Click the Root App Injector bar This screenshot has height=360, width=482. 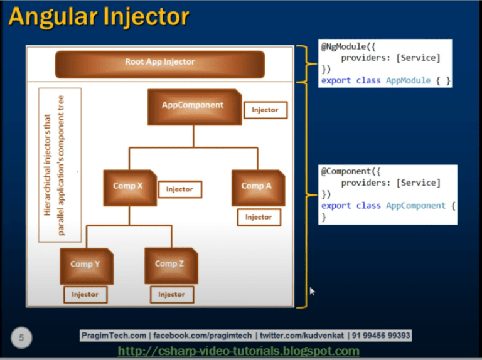(x=159, y=63)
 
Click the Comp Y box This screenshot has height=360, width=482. (x=85, y=265)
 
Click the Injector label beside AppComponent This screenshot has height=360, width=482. (x=265, y=110)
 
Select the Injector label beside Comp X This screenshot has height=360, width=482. (x=179, y=189)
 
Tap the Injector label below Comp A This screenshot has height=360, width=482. (x=259, y=218)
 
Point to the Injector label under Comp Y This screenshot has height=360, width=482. (x=85, y=294)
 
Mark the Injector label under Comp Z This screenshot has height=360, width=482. (x=171, y=294)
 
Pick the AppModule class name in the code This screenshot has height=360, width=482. (x=408, y=81)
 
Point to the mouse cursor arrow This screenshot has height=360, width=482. (x=312, y=291)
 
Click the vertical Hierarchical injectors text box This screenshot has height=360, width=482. (x=60, y=164)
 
